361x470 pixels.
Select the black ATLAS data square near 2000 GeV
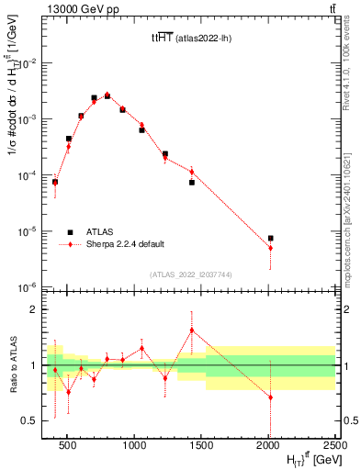[x=270, y=239]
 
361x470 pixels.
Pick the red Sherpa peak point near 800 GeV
[x=107, y=95]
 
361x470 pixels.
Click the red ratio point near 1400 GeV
[x=192, y=330]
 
